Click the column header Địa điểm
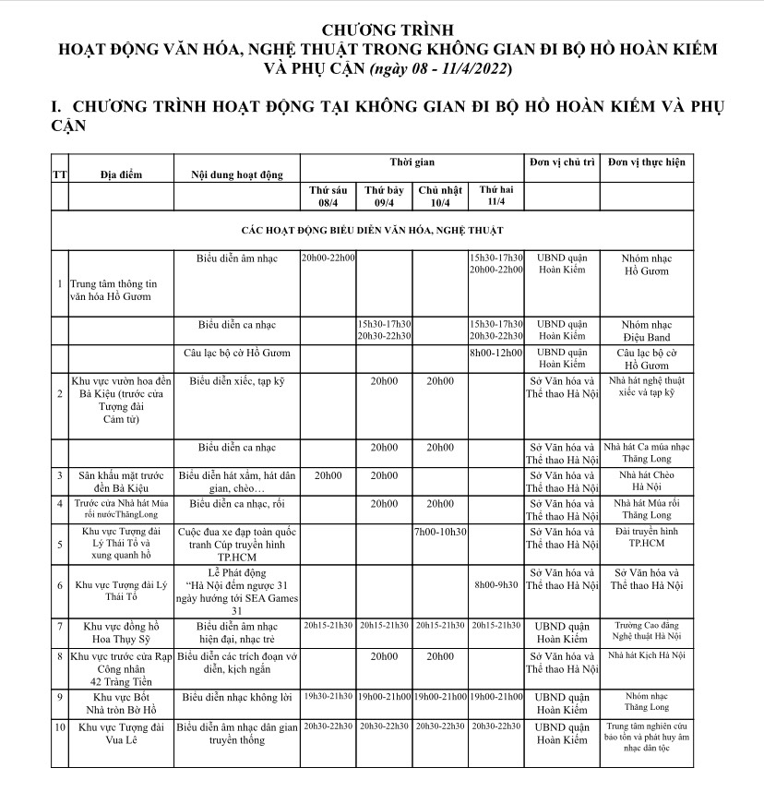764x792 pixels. (121, 173)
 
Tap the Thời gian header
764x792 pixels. (412, 162)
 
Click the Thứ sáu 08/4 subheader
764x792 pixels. (328, 196)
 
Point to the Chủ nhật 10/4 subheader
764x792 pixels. (439, 196)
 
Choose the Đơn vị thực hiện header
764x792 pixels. (647, 162)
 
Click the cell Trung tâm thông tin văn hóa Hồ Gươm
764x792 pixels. (109, 290)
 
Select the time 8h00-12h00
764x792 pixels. (495, 352)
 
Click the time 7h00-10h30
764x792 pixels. (440, 532)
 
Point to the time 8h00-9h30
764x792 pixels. (495, 584)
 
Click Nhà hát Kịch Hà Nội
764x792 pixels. (647, 654)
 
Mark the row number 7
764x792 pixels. (59, 625)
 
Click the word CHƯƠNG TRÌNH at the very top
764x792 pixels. (381, 29)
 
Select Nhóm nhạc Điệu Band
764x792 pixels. (647, 330)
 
